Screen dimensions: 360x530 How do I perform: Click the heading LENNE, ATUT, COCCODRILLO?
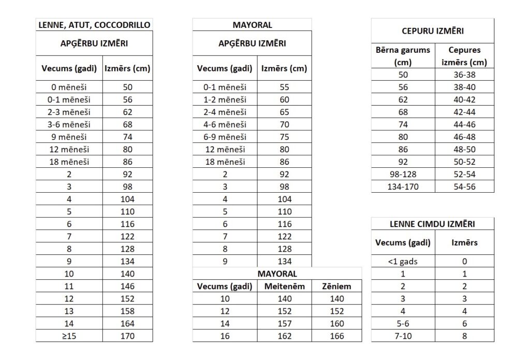pyautogui.click(x=94, y=25)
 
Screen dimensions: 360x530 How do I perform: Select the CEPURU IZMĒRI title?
pyautogui.click(x=433, y=31)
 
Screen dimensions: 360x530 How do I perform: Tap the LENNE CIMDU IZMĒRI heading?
pyautogui.click(x=433, y=224)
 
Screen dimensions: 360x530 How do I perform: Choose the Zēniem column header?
pyautogui.click(x=336, y=286)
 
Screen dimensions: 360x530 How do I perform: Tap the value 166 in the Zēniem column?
pyautogui.click(x=336, y=336)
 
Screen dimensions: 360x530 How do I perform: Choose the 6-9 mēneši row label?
pyautogui.click(x=225, y=137)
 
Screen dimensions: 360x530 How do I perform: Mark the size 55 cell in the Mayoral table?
pyautogui.click(x=284, y=88)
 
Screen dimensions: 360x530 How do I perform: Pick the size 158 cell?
pyautogui.click(x=127, y=311)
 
